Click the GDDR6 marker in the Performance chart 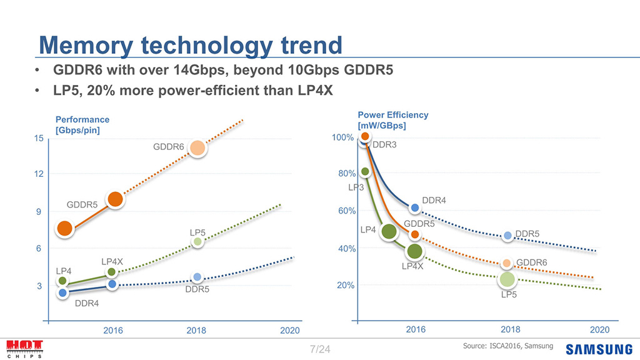(x=197, y=148)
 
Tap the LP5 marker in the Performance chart (x=197, y=242)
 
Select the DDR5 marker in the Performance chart (x=197, y=277)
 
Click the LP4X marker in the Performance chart (x=112, y=272)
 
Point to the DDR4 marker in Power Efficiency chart (x=414, y=207)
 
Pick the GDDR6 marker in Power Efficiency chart (x=507, y=263)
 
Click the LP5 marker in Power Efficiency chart (x=507, y=279)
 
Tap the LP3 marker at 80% (x=366, y=172)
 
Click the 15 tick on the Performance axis (x=39, y=138)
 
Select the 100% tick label (x=342, y=137)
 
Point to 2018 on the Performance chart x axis (x=196, y=330)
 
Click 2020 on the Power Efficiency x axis (x=599, y=329)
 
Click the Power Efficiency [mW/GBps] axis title (x=392, y=120)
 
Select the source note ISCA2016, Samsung (x=507, y=346)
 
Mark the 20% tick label (x=345, y=286)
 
